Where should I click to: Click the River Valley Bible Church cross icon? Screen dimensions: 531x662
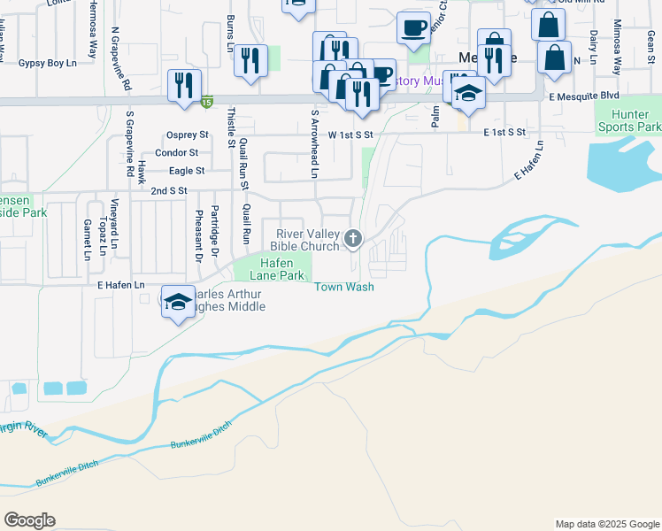click(x=353, y=237)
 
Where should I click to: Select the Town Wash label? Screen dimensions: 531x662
click(x=344, y=287)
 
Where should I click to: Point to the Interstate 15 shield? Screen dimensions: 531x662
click(x=206, y=102)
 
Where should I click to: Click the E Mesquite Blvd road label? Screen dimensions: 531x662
click(x=583, y=96)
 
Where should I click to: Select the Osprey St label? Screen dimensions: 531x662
click(x=187, y=135)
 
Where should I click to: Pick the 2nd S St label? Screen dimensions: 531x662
click(x=169, y=190)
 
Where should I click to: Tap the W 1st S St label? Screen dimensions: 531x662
click(x=351, y=135)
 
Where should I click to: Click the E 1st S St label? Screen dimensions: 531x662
click(x=504, y=131)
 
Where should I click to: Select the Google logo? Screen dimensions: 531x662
click(x=29, y=520)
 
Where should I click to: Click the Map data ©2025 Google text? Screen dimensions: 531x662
click(x=606, y=524)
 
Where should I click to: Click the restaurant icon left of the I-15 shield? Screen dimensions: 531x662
click(x=183, y=86)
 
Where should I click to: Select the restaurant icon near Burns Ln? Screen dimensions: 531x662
click(x=251, y=60)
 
